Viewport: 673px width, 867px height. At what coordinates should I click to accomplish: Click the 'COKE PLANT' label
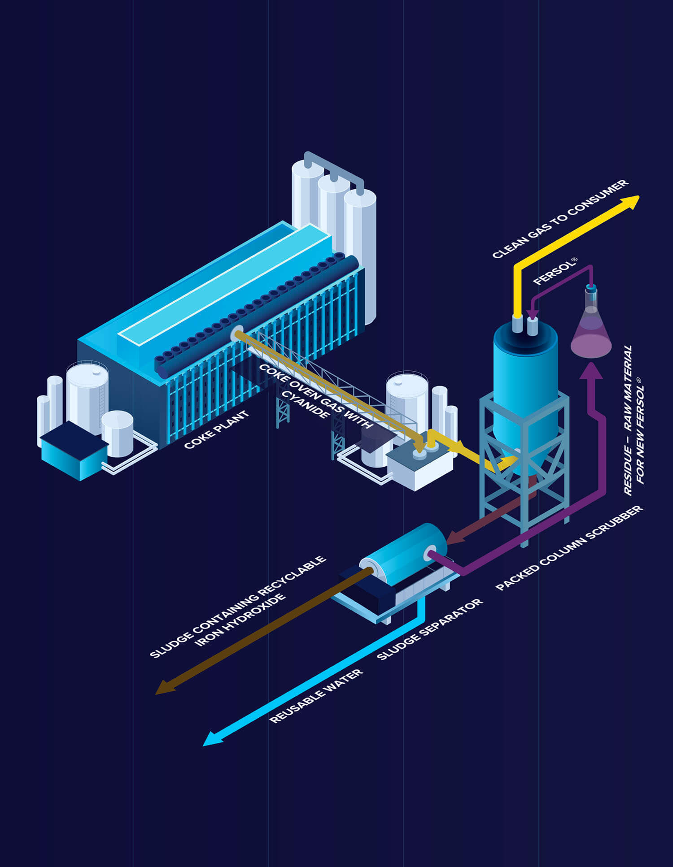pos(216,429)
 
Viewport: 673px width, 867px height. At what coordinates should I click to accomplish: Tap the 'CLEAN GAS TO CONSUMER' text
pos(560,219)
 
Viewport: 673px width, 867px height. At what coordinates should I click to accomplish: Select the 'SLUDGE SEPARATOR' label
pos(429,629)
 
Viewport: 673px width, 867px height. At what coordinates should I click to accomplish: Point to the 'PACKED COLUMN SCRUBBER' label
pos(569,548)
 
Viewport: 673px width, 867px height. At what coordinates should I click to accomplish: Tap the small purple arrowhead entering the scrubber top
pos(532,313)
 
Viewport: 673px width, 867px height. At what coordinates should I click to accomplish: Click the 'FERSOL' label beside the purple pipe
pos(554,272)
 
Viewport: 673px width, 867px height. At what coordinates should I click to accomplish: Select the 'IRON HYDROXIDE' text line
pos(240,620)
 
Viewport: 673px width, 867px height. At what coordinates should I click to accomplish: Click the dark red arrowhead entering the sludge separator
pos(454,537)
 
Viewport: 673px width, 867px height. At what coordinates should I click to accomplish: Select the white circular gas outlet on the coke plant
pos(237,334)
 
